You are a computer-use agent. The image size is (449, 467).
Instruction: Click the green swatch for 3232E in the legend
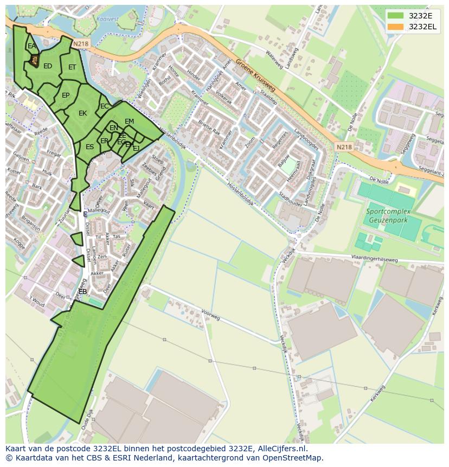(x=396, y=16)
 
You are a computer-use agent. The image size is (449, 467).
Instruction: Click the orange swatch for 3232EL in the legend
(x=396, y=27)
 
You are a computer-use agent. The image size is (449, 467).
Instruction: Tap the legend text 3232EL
(x=422, y=27)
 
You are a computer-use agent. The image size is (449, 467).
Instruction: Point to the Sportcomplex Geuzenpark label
(x=388, y=216)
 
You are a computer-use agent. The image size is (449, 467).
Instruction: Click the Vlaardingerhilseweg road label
(x=374, y=259)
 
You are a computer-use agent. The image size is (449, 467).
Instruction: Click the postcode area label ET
(x=72, y=67)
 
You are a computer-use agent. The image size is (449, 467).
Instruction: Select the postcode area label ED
(x=48, y=66)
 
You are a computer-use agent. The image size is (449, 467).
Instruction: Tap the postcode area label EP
(x=66, y=95)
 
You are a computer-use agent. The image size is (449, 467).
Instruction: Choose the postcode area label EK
(x=82, y=113)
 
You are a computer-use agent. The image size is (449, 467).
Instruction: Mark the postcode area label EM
(x=129, y=121)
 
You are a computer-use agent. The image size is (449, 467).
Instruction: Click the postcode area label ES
(x=89, y=147)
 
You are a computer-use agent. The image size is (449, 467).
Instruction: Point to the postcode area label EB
(x=82, y=292)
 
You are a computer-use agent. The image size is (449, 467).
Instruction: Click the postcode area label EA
(x=31, y=46)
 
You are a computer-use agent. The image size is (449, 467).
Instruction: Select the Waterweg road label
(x=274, y=60)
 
